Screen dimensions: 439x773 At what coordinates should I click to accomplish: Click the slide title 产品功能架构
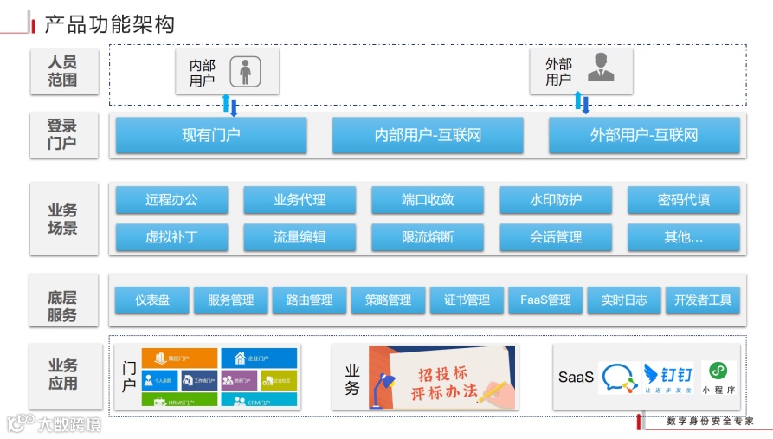tap(109, 24)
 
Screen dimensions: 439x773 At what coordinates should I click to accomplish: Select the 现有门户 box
tap(211, 135)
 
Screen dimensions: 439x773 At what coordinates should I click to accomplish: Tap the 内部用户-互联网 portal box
tap(428, 135)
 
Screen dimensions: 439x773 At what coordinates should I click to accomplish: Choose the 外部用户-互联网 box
tap(644, 135)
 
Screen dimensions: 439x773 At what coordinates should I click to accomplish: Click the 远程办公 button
tap(171, 200)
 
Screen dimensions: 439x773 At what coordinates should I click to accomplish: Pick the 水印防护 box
tap(556, 200)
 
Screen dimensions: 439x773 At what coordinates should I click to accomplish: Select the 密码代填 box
tap(684, 200)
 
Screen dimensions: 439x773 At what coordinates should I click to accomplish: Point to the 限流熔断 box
tap(428, 236)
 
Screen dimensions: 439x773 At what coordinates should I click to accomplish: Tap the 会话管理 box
tap(556, 236)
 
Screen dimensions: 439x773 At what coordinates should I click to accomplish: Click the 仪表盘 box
tap(152, 300)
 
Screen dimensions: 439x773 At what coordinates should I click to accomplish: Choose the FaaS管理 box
tap(545, 300)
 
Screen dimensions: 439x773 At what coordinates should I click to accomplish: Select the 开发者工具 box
tap(703, 300)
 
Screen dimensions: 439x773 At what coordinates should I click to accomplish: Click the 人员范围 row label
tap(62, 71)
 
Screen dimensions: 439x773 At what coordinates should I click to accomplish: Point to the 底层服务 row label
tap(62, 307)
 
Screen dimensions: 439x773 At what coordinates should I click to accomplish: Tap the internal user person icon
tap(246, 71)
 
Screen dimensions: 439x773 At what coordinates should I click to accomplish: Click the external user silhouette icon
tap(600, 68)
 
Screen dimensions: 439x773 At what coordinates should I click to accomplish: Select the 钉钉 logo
tap(667, 378)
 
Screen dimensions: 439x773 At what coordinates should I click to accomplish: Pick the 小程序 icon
tap(718, 377)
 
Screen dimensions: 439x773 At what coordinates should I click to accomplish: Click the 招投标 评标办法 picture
tap(441, 378)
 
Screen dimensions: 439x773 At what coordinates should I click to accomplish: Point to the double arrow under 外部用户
tap(582, 102)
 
